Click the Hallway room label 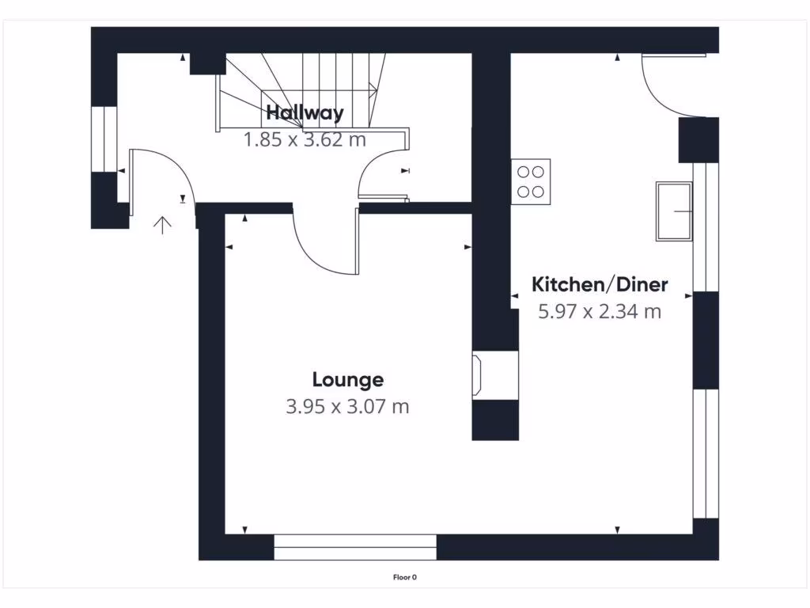[x=305, y=112]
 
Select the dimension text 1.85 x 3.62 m [x=305, y=140]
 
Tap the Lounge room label [x=347, y=380]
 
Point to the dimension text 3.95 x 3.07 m [x=347, y=407]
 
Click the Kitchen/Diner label [x=600, y=284]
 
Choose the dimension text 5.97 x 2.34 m [x=600, y=311]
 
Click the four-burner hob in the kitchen [x=531, y=181]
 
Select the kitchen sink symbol [x=673, y=211]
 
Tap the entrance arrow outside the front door [x=162, y=226]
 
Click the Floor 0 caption [x=404, y=577]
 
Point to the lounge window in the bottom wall [x=355, y=547]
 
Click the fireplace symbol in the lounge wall [x=479, y=375]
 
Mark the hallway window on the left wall [x=104, y=139]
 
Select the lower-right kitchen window [x=700, y=454]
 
